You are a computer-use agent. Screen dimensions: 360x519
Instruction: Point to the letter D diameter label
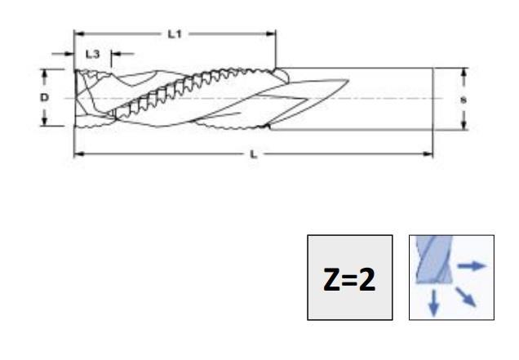tap(46, 97)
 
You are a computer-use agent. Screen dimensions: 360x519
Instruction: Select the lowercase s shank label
tap(464, 99)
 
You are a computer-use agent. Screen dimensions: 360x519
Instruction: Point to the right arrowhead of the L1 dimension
tap(272, 33)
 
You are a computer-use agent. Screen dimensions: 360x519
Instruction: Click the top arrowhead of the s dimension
tap(464, 73)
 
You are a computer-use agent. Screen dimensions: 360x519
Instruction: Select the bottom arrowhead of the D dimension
tap(46, 122)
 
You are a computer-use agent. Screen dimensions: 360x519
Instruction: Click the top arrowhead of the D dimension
tap(46, 72)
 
